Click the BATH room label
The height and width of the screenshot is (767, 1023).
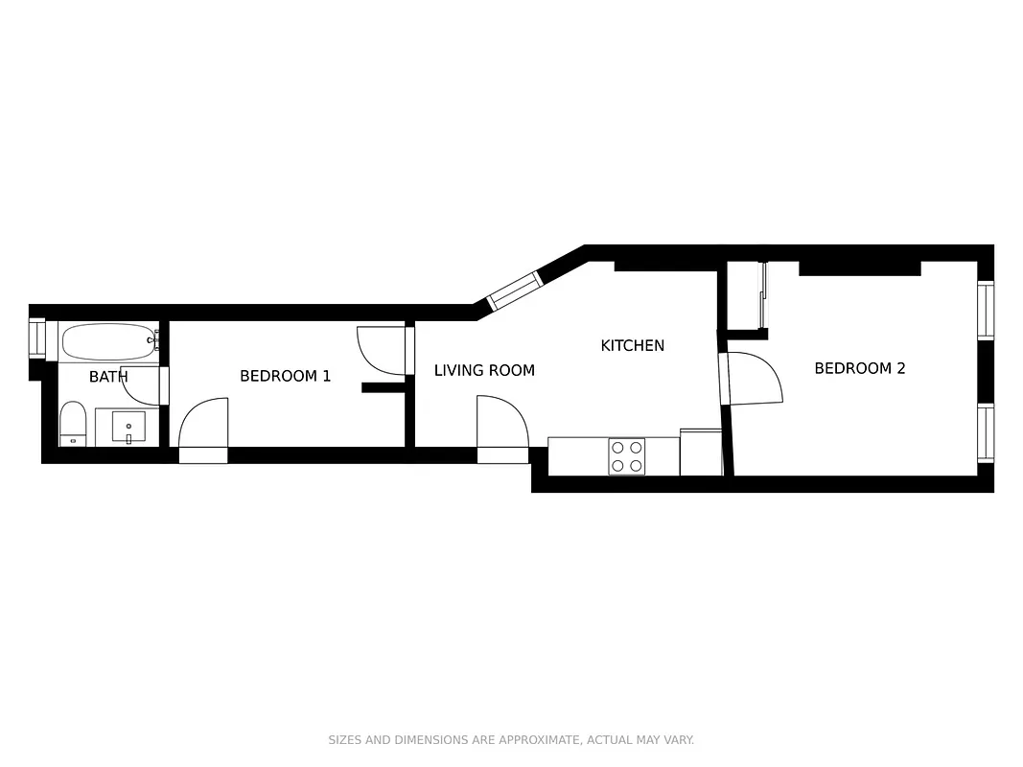point(108,377)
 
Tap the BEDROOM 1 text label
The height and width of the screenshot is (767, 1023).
point(285,376)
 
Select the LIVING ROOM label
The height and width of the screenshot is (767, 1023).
point(484,370)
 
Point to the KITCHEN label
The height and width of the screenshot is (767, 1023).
point(632,345)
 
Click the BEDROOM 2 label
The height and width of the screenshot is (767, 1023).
point(859,368)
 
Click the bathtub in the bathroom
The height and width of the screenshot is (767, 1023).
point(108,341)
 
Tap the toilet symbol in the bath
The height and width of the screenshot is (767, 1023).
point(73,424)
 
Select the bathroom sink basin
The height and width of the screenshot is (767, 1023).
point(128,427)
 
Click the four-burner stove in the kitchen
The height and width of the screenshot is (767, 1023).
point(626,456)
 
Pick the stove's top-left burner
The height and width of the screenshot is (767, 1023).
point(616,447)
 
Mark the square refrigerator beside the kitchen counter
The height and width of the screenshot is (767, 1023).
point(701,453)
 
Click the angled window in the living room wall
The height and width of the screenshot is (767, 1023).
point(515,291)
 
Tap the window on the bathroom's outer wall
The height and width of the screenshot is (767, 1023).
point(37,338)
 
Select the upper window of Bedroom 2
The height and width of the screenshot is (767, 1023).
point(985,310)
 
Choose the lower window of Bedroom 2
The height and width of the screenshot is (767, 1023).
point(985,433)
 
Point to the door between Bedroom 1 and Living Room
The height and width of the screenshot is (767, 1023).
point(382,351)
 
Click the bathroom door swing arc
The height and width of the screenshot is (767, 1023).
point(141,385)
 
